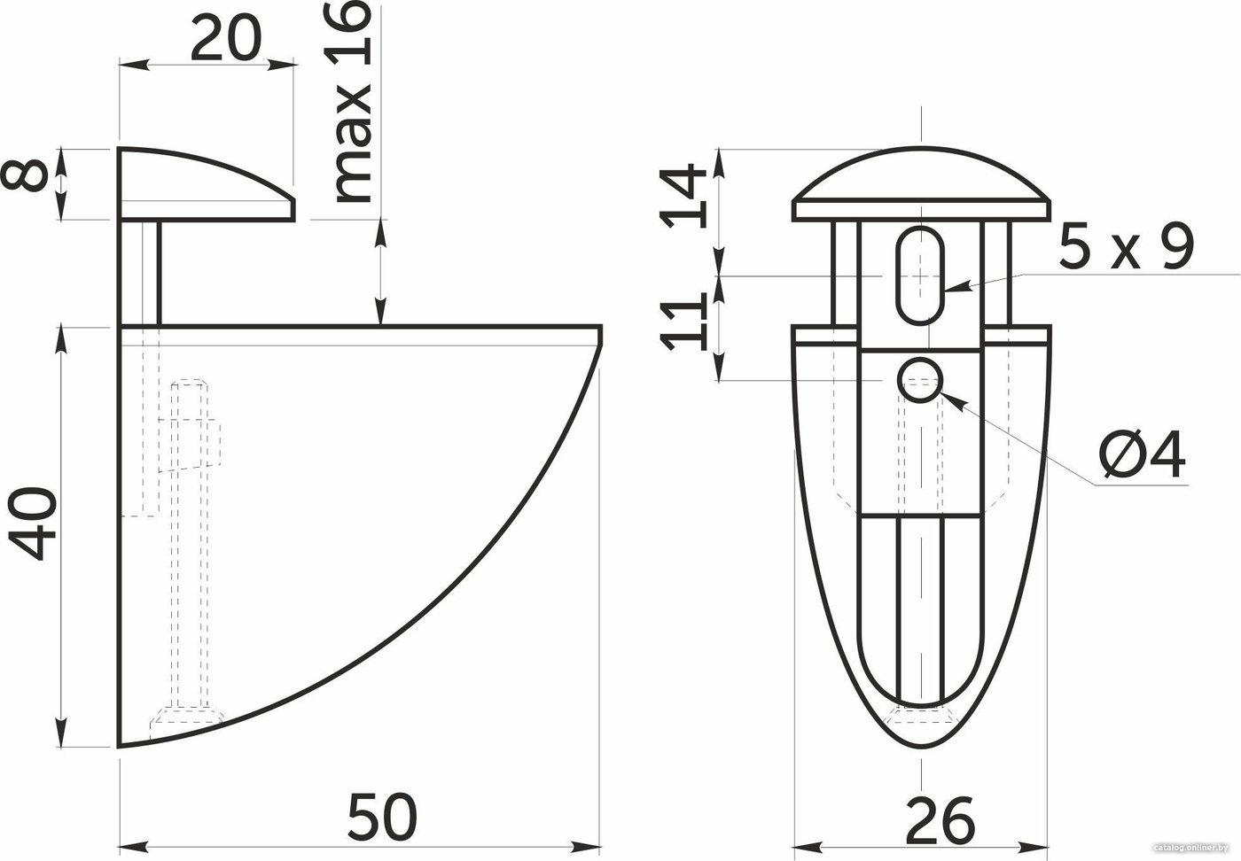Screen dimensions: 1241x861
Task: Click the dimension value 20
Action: [225, 38]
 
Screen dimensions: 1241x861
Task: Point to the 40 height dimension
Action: [33, 524]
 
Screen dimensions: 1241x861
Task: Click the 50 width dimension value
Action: [382, 818]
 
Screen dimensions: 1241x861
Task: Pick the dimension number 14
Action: [683, 196]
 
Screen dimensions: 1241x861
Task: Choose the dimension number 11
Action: [683, 322]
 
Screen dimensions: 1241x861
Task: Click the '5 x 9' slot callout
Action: [1126, 247]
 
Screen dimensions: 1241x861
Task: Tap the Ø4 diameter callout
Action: [1143, 455]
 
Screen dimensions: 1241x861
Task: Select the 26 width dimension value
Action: [940, 820]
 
